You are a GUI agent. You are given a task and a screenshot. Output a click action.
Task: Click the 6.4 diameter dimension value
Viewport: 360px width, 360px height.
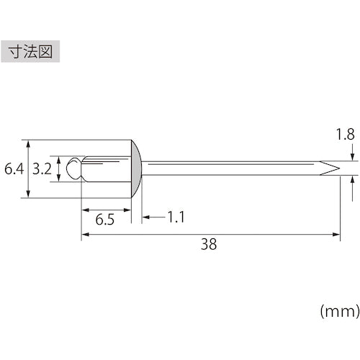14,170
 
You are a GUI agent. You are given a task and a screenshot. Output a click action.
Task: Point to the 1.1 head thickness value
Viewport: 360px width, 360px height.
176,216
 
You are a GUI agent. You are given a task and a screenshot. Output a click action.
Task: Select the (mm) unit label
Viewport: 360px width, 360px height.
338,311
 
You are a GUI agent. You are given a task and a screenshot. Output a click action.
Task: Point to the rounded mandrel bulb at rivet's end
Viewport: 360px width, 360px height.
72,170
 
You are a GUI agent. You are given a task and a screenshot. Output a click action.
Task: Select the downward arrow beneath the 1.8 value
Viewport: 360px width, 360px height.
351,157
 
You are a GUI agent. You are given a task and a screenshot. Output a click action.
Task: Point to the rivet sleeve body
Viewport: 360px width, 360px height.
104,169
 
